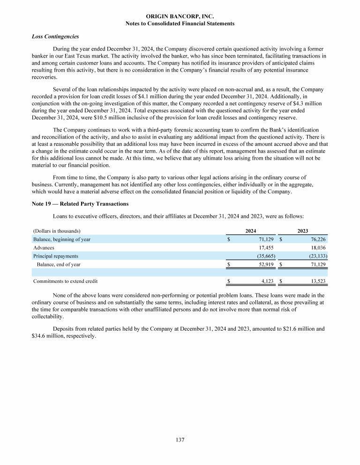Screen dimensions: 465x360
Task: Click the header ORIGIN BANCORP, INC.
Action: click(180, 16)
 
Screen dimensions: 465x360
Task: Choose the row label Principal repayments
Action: click(55, 256)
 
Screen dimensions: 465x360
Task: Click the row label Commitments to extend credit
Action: click(65, 281)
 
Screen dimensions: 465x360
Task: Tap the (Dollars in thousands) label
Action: click(56, 231)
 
